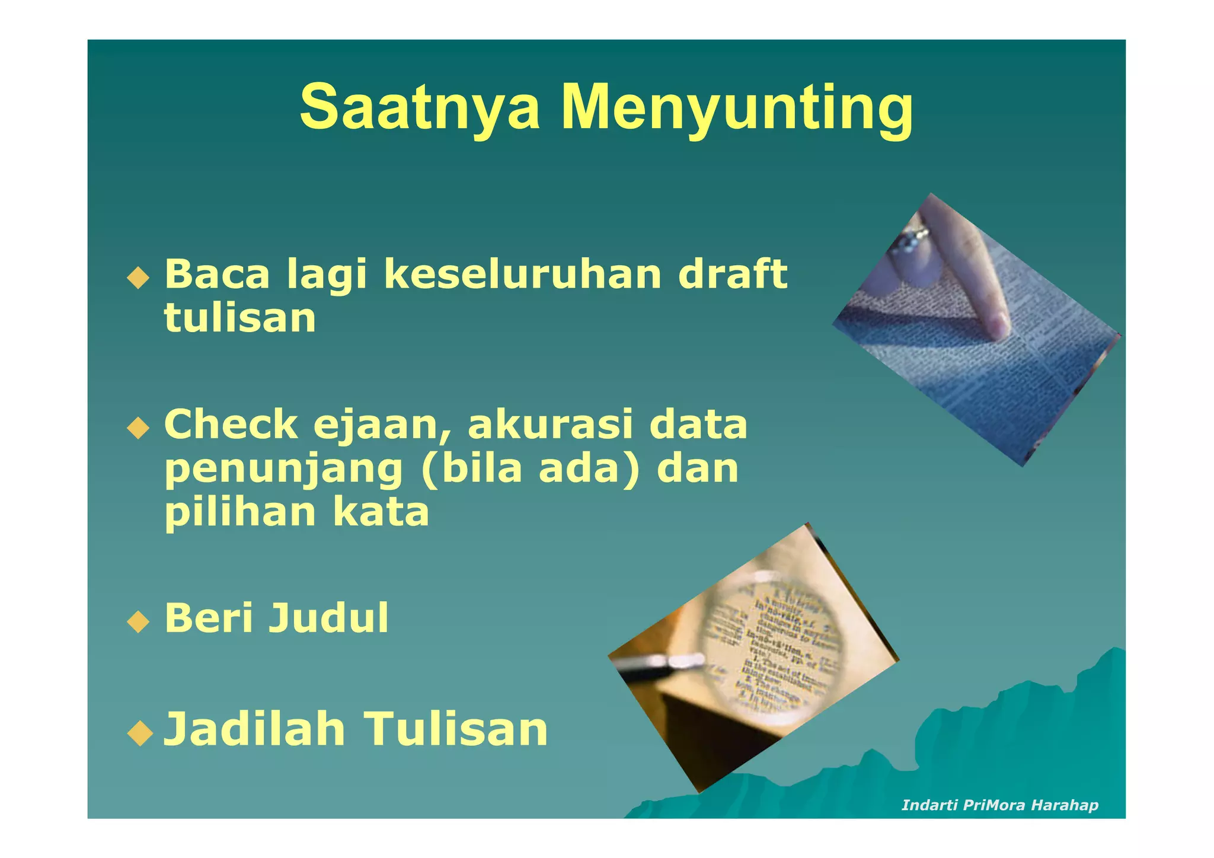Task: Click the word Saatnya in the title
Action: click(x=420, y=108)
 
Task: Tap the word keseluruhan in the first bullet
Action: click(x=522, y=274)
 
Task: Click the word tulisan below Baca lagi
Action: click(x=240, y=318)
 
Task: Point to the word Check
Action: click(x=231, y=425)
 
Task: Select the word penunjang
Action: click(x=284, y=470)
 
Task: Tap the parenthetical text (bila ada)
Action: click(x=531, y=468)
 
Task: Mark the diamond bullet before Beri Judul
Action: click(x=138, y=622)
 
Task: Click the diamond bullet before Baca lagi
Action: click(x=138, y=278)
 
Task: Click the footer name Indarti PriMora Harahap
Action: click(x=999, y=805)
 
